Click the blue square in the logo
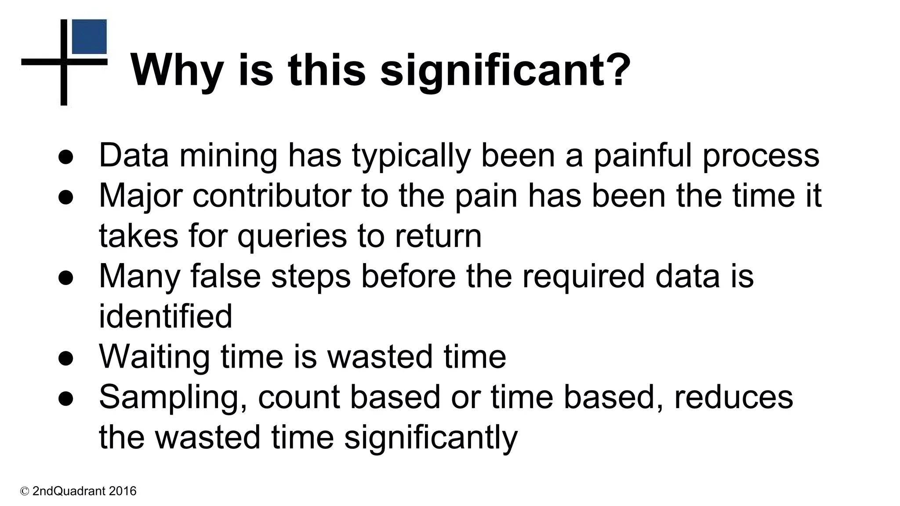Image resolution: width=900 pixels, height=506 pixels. (x=89, y=36)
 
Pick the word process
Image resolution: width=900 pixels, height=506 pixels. (x=761, y=157)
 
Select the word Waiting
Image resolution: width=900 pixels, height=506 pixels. (x=154, y=357)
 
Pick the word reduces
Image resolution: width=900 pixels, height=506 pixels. (x=733, y=398)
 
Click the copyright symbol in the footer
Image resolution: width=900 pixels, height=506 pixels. (x=25, y=491)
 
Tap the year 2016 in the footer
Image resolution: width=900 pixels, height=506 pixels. (x=123, y=491)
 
